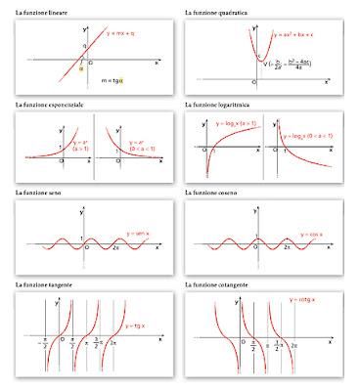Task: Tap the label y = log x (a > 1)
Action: point(246,125)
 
